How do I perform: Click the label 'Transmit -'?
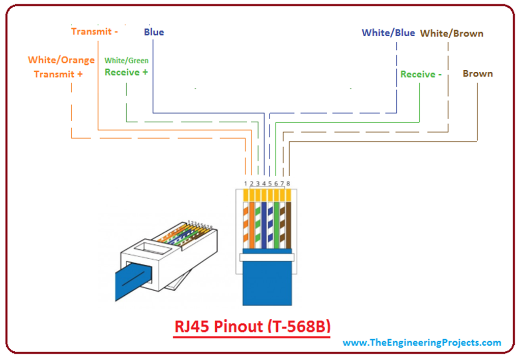click(x=95, y=32)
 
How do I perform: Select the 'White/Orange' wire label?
click(x=61, y=60)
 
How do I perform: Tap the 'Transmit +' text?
click(x=58, y=74)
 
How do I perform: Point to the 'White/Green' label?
click(x=126, y=61)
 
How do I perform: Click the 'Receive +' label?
click(x=126, y=72)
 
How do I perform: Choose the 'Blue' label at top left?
click(x=154, y=32)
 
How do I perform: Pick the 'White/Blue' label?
click(x=388, y=33)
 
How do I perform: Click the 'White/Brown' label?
click(x=451, y=34)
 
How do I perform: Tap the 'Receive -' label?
click(x=421, y=74)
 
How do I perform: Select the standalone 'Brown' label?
click(x=477, y=74)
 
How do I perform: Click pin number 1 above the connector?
click(x=245, y=183)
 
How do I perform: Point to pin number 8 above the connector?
click(x=288, y=183)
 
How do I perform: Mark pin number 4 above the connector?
click(x=264, y=183)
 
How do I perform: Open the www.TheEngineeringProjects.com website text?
click(x=422, y=343)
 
